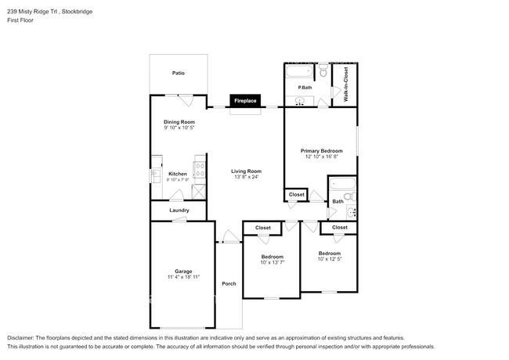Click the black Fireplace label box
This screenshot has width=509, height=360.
coord(245,101)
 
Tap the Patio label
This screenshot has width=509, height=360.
coord(179,73)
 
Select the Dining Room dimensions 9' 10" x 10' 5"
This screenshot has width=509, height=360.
coord(179,128)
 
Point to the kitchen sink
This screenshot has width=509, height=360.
coord(155,175)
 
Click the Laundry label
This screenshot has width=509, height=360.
coord(179,210)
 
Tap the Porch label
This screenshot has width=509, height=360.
coord(229,283)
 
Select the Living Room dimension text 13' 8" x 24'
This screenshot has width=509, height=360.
coord(246,177)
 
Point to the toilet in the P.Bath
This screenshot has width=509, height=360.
coord(322,73)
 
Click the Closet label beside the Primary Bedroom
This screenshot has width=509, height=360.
coord(297,195)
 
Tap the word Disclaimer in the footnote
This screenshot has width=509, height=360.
coord(23,337)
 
